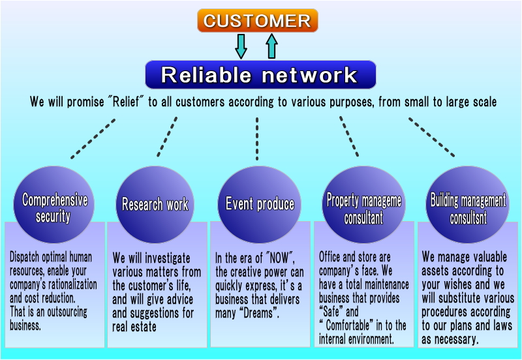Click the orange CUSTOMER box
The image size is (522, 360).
coord(257,20)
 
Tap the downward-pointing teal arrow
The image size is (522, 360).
coord(241,46)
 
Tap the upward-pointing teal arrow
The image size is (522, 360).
coord(271,46)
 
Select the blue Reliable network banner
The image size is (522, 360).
coord(260,74)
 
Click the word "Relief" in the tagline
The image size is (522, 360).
coord(126,102)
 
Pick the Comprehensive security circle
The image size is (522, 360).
coord(54,205)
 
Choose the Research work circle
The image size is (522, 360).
coord(155,205)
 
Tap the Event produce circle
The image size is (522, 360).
coord(259,205)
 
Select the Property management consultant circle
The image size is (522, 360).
coord(363,205)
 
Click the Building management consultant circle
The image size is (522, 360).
coord(467,205)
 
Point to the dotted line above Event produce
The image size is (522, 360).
coord(257,138)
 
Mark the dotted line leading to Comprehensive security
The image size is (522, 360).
coord(93,138)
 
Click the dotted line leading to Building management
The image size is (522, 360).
coord(431,137)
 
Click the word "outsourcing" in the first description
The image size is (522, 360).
coord(67,312)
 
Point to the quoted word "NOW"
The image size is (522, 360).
coord(278,258)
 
